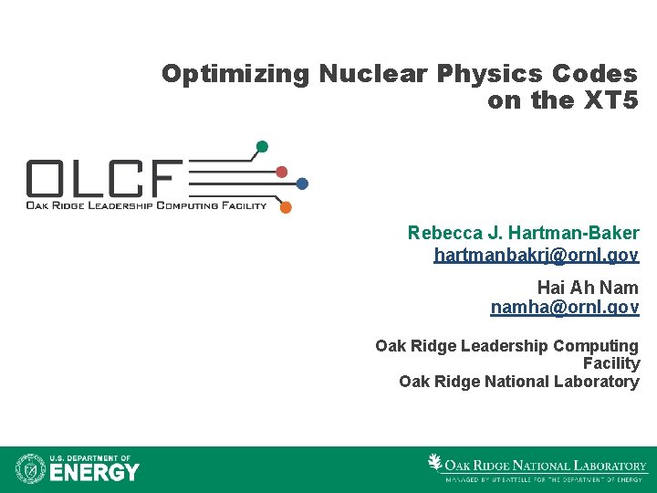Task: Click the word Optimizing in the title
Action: (x=236, y=74)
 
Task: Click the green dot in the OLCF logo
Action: (x=262, y=146)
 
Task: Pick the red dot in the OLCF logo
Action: (x=282, y=172)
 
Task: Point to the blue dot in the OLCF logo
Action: (x=302, y=184)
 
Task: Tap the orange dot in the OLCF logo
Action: (x=286, y=207)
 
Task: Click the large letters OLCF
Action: (x=105, y=178)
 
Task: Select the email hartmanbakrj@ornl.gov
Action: (x=537, y=255)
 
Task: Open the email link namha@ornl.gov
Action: (x=565, y=308)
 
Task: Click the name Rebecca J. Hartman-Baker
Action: (x=523, y=234)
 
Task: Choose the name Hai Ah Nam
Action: (x=588, y=288)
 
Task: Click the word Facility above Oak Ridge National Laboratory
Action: (x=611, y=363)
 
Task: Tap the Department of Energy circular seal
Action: (x=30, y=468)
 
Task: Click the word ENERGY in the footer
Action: (x=94, y=472)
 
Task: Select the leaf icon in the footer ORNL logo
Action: (x=435, y=462)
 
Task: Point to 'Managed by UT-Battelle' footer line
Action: (x=543, y=478)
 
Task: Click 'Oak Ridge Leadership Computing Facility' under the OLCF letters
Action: (x=146, y=205)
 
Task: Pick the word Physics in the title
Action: (x=484, y=74)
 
